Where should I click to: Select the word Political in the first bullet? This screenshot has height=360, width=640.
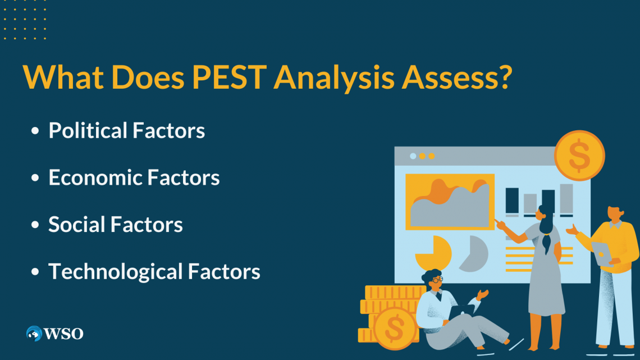[x=88, y=131]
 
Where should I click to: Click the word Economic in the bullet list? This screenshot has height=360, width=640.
[x=95, y=177]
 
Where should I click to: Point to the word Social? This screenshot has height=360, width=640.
[x=76, y=225]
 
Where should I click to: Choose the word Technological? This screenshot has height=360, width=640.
[x=115, y=272]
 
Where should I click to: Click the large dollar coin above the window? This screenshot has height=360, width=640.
[x=579, y=155]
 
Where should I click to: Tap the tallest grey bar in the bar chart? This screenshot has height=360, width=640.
[x=566, y=198]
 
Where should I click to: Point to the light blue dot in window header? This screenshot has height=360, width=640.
[x=413, y=156]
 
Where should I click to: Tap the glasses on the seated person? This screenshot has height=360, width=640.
[x=437, y=279]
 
